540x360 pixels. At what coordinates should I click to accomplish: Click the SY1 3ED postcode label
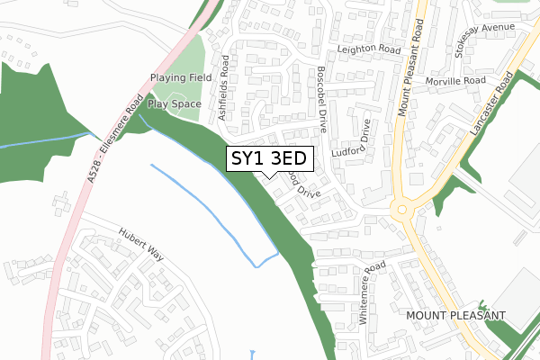[269, 159]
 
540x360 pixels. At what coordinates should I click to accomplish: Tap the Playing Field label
[180, 79]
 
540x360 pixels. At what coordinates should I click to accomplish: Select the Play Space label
[175, 103]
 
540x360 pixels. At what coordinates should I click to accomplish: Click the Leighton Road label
[367, 49]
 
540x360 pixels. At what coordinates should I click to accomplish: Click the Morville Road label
[455, 81]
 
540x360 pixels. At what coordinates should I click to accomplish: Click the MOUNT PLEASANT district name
[456, 316]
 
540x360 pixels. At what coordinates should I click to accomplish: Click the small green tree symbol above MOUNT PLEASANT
[481, 305]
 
